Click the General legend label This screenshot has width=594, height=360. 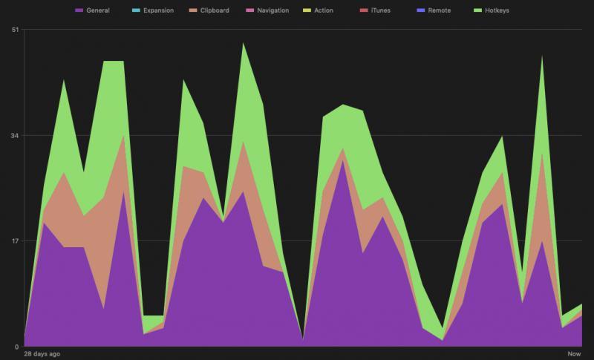[x=97, y=11]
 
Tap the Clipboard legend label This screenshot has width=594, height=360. [x=215, y=11]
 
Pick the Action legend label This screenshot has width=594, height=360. [x=323, y=11]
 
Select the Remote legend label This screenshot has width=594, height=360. [x=439, y=11]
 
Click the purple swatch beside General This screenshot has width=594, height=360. [x=79, y=11]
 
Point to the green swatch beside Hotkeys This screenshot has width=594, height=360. [x=477, y=11]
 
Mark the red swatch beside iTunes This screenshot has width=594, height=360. [x=362, y=11]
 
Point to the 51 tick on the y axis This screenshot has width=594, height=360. [x=15, y=30]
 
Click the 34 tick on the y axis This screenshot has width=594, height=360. [x=15, y=135]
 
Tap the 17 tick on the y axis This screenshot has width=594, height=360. [x=15, y=241]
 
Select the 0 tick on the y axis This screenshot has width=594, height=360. [x=17, y=347]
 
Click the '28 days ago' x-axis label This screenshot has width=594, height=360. [x=42, y=354]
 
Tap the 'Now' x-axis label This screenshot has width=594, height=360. [x=574, y=354]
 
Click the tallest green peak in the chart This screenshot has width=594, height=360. [x=242, y=45]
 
